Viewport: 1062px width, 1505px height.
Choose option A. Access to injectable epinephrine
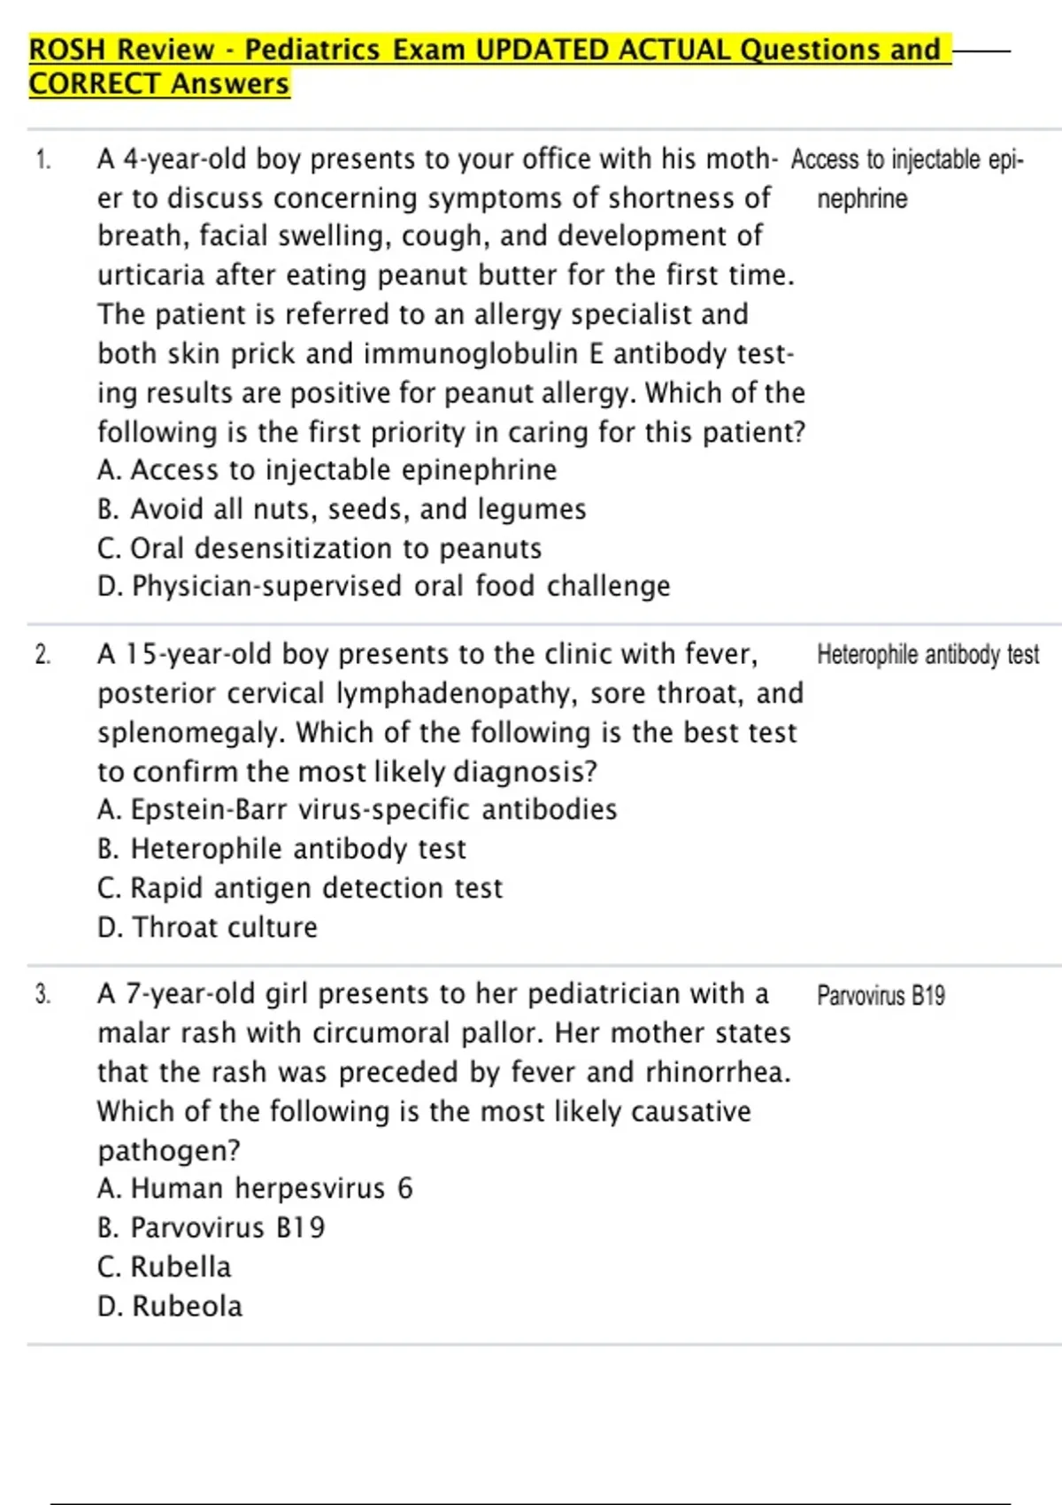coord(327,470)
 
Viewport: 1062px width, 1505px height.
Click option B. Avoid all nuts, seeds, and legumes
coord(342,509)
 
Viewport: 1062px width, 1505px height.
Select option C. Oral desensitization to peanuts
coord(319,549)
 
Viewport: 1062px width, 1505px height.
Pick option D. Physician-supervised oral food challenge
coord(384,586)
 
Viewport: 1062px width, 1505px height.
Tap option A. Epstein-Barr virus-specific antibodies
coord(358,809)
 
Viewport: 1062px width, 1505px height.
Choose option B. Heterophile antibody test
coord(281,849)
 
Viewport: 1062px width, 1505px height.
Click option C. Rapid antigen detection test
coord(300,888)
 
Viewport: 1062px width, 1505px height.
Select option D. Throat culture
coord(207,927)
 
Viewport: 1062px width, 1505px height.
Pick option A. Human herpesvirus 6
coord(255,1188)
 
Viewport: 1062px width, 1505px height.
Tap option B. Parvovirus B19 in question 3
coord(212,1228)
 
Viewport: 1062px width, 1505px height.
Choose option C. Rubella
coord(165,1267)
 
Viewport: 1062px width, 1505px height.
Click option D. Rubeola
coord(170,1306)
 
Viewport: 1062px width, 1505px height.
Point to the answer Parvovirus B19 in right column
coord(881,996)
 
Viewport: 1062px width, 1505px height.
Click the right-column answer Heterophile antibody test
coord(927,655)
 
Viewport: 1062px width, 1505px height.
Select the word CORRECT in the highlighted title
coord(96,84)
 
